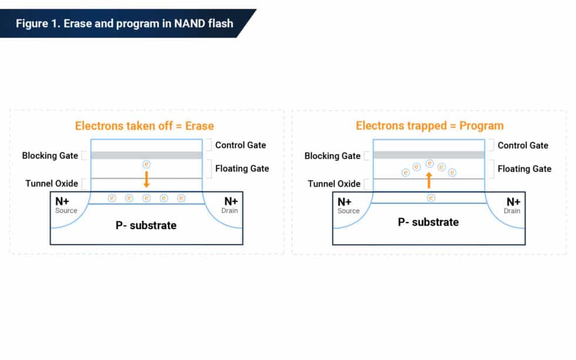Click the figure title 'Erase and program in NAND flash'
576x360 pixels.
click(x=124, y=23)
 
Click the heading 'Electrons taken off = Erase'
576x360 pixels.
click(x=144, y=126)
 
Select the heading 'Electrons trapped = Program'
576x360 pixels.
click(x=430, y=126)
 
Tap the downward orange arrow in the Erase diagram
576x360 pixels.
click(x=147, y=179)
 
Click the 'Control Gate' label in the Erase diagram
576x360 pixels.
click(x=240, y=145)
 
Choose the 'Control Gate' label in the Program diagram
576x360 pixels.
click(x=523, y=145)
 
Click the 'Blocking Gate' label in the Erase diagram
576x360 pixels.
click(x=50, y=156)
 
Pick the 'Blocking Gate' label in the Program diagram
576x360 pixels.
click(x=332, y=156)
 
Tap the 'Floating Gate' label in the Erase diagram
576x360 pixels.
click(x=242, y=169)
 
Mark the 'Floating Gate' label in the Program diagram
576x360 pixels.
click(x=524, y=169)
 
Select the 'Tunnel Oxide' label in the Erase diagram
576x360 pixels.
click(x=52, y=183)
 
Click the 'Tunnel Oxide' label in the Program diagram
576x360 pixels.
click(x=334, y=184)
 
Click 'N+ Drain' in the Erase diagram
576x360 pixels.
click(x=230, y=205)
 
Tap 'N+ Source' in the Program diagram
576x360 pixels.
click(x=347, y=205)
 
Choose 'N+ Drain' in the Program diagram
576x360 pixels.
click(x=513, y=205)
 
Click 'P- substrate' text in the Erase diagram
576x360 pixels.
click(x=146, y=225)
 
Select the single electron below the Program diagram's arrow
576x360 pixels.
click(x=431, y=198)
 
